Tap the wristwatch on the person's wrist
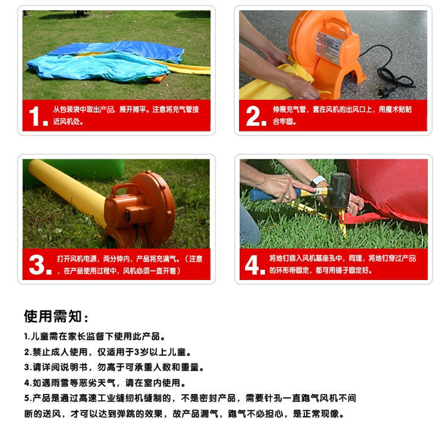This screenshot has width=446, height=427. (317, 181)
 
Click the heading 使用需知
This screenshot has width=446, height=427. (56, 316)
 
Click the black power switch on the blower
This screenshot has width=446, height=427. (128, 216)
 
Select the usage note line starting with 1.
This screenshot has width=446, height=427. (95, 337)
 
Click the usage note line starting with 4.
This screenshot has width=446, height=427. (105, 383)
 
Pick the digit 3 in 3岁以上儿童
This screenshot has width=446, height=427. (137, 352)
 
